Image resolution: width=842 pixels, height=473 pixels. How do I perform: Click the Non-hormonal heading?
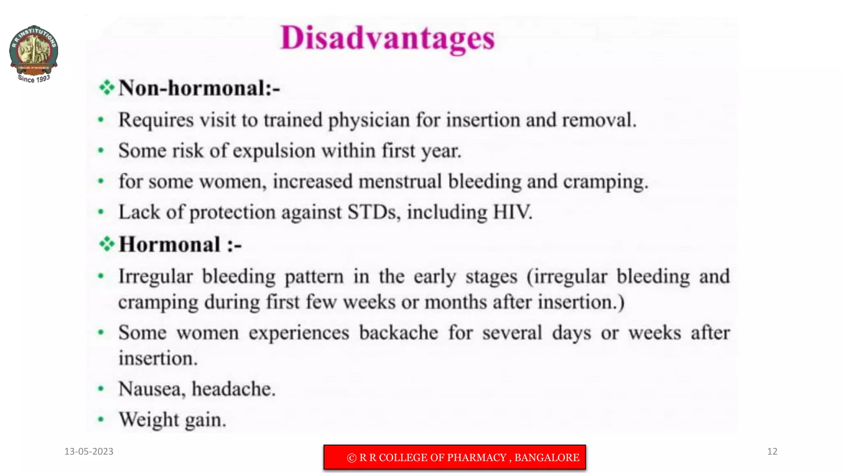click(199, 88)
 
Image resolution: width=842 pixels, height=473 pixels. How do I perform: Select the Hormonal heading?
click(180, 245)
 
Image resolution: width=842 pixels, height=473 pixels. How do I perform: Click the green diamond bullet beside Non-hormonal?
click(106, 87)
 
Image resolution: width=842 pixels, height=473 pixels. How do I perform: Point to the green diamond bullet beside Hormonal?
click(106, 244)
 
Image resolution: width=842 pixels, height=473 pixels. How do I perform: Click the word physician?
click(369, 121)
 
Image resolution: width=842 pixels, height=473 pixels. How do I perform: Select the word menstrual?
click(400, 181)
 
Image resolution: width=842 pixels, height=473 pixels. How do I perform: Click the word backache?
click(398, 333)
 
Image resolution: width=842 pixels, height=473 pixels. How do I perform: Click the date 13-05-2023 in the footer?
click(89, 452)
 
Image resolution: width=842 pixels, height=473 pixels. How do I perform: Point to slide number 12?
click(772, 452)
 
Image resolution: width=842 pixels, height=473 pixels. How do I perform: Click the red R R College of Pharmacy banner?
click(455, 457)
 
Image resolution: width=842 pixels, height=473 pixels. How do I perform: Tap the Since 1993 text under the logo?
click(34, 79)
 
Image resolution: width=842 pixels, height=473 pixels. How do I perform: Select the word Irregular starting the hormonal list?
click(155, 276)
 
